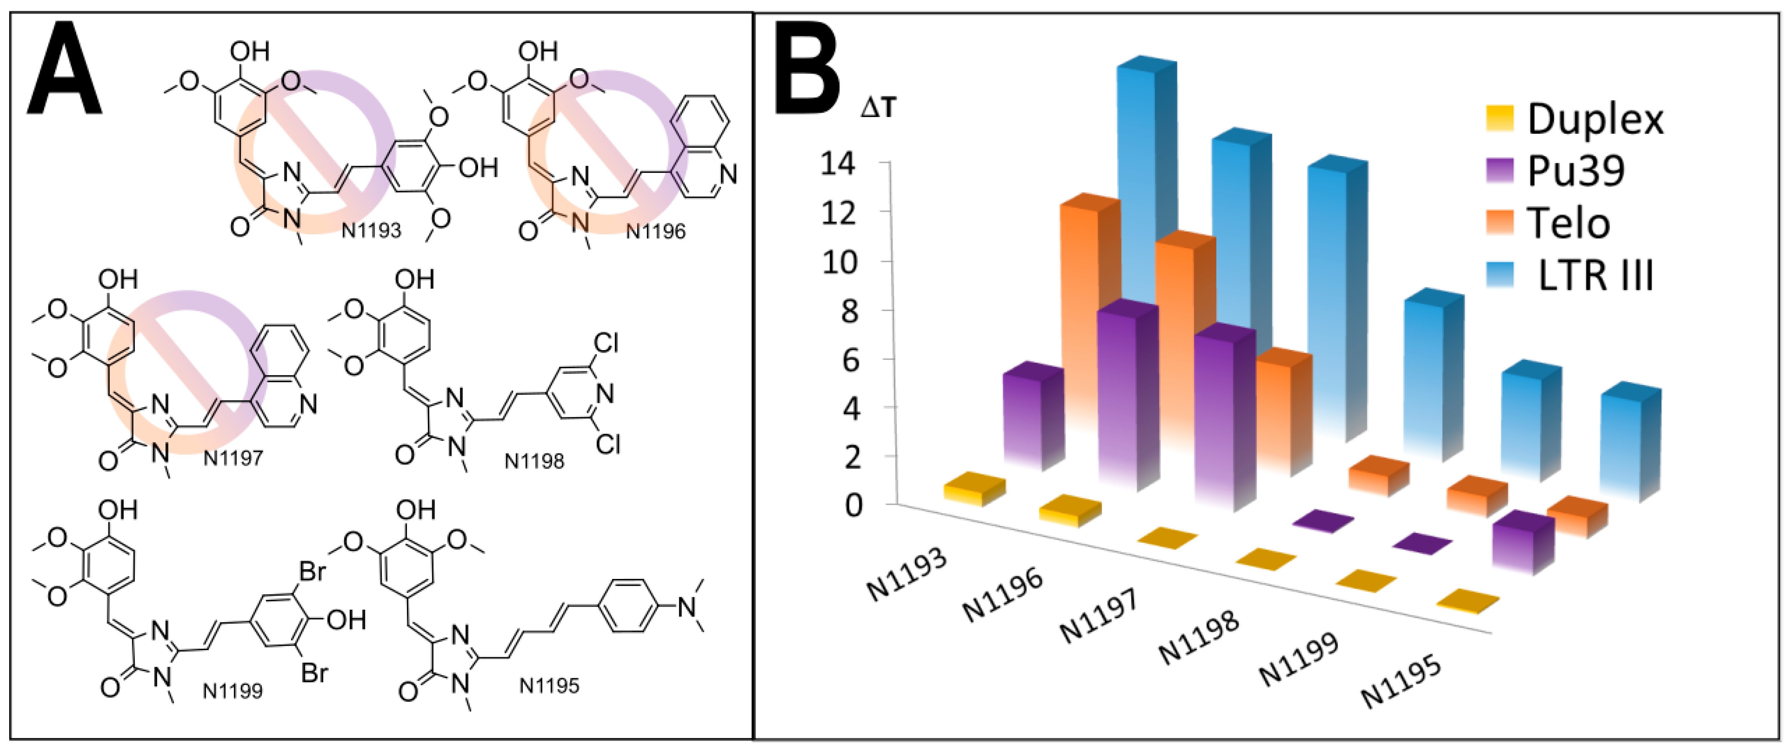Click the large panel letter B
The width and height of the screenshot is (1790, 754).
pyautogui.click(x=808, y=69)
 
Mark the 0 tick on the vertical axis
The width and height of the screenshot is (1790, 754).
pyautogui.click(x=853, y=505)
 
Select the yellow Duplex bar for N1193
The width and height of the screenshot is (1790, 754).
pyautogui.click(x=975, y=489)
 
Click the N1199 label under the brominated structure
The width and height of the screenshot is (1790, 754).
pyautogui.click(x=233, y=691)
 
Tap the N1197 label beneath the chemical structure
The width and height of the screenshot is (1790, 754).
pyautogui.click(x=234, y=459)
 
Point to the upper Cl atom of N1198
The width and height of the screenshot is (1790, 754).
pyautogui.click(x=606, y=343)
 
